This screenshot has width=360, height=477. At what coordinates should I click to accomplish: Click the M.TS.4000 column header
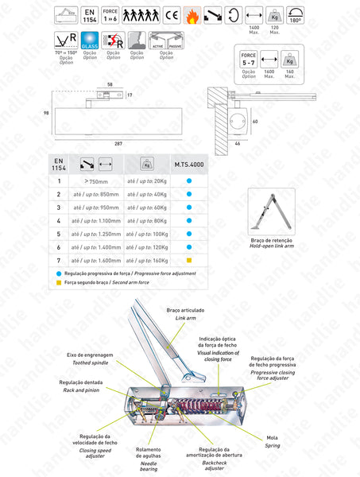(x=189, y=165)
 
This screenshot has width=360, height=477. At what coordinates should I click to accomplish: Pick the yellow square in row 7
(x=189, y=259)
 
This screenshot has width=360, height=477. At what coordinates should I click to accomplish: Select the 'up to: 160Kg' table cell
(x=147, y=259)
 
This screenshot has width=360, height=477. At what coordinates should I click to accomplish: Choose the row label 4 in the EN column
(x=58, y=219)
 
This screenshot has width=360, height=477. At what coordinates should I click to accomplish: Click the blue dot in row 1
(x=189, y=180)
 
